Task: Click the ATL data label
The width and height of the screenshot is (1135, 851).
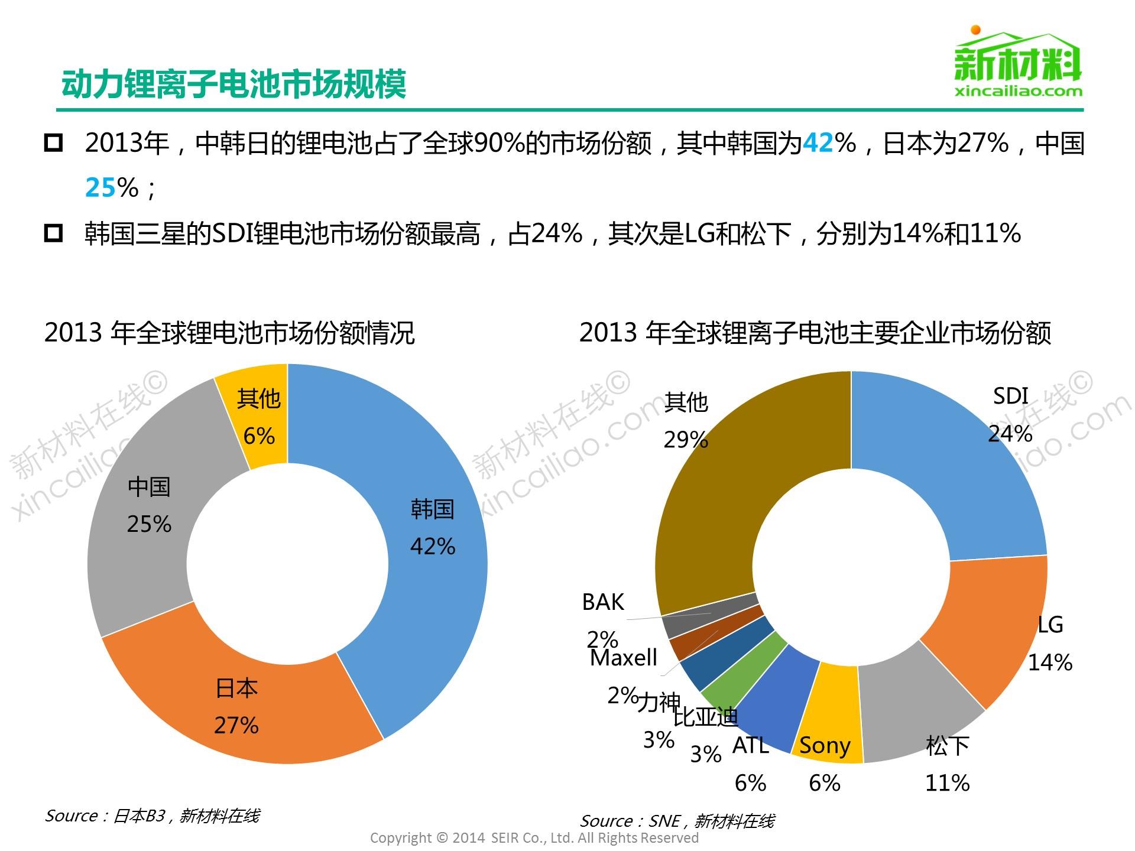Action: [750, 746]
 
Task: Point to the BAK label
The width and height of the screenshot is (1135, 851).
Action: [602, 602]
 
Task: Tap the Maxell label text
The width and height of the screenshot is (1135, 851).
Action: [624, 658]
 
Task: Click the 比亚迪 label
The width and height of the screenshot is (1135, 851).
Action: [706, 717]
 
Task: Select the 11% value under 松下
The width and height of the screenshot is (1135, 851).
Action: [947, 783]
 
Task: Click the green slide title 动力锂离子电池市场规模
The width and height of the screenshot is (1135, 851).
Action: [234, 83]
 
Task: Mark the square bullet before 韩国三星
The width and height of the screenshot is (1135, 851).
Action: [53, 233]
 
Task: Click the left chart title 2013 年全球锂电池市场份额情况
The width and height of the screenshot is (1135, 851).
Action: [229, 333]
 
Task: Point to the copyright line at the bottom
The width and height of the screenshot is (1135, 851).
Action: [534, 838]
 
